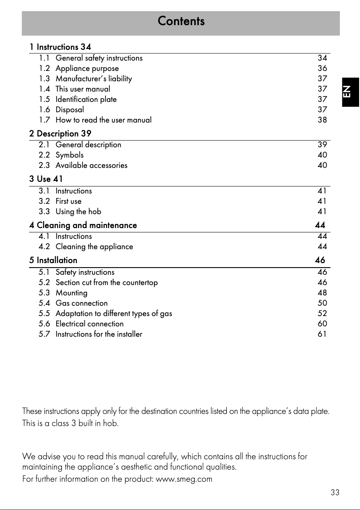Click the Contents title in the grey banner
pos(181,21)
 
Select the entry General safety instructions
pos(99,58)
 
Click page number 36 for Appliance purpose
pos(322,68)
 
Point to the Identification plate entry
pos(86,99)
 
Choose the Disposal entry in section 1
pos(70,110)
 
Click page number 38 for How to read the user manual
pos(322,120)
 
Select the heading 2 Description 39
pos(60,133)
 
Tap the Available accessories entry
pos(91,165)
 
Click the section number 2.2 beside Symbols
pos(44,155)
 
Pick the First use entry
pos(68,201)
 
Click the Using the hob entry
pos(78,211)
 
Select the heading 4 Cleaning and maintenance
pos(83,225)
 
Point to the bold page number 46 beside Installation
pos(320,260)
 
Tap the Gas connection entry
pos(81,303)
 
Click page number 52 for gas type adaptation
pos(322,313)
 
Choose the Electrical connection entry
pos(89,324)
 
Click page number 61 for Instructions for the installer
pos(322,334)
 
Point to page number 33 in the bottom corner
pos(335,492)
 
